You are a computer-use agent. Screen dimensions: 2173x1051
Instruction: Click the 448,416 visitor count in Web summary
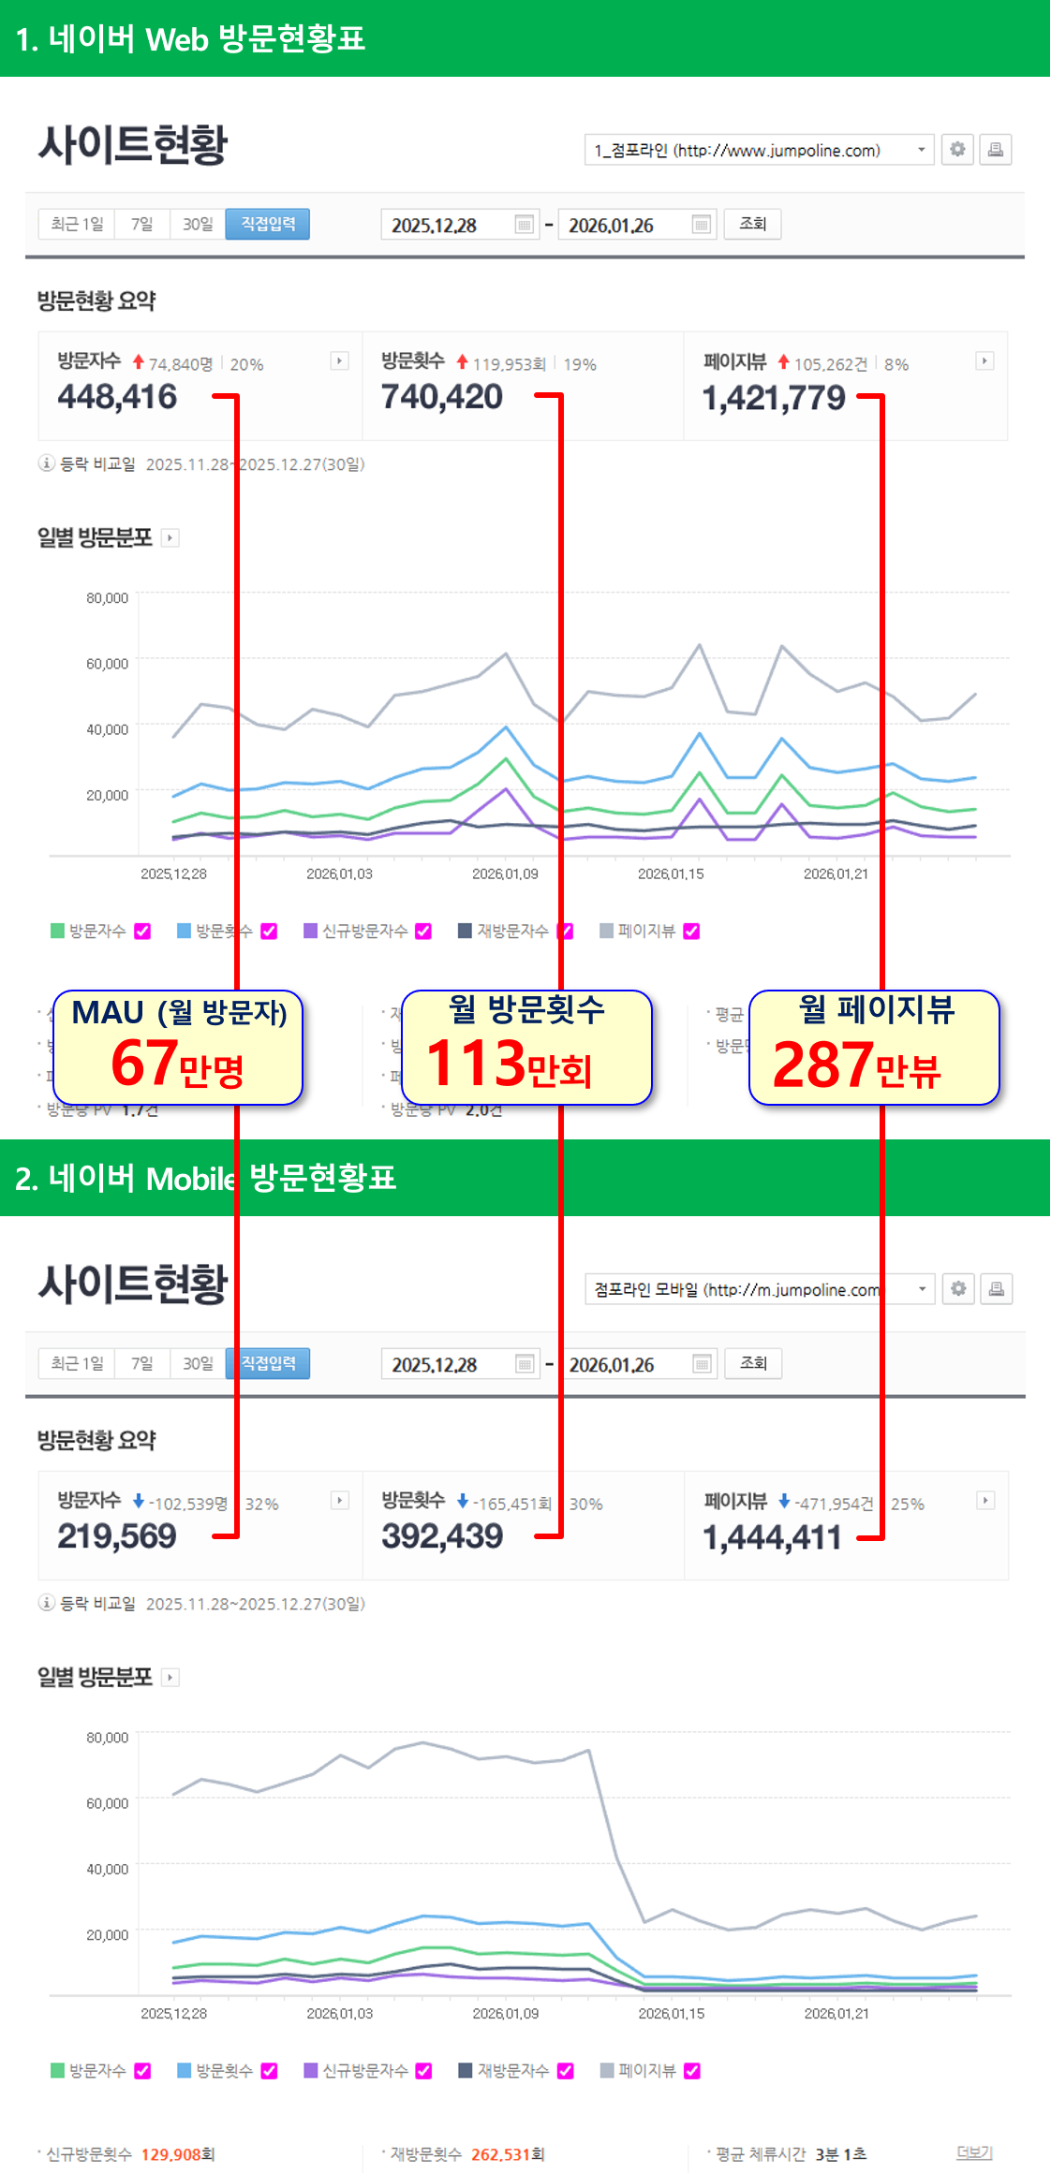point(117,397)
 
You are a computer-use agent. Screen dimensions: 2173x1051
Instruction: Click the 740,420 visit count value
point(441,397)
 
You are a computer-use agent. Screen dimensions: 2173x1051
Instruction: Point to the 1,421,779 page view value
point(774,399)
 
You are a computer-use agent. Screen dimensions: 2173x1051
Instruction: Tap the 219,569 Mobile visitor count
point(117,1536)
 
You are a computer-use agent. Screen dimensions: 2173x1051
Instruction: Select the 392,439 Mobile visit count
point(441,1536)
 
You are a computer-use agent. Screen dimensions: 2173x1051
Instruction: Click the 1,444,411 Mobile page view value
point(772,1538)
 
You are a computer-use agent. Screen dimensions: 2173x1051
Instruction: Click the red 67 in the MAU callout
point(144,1064)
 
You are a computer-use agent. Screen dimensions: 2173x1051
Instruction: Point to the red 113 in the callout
point(474,1064)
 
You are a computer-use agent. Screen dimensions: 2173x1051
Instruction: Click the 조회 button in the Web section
point(752,224)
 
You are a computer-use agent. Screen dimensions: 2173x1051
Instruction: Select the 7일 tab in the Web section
point(141,224)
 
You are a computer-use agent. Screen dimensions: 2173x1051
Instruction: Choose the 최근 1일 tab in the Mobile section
point(77,1363)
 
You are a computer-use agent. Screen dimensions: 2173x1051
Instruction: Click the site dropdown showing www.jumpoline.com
point(759,150)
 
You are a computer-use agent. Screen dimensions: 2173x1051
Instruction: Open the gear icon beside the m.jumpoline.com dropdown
point(958,1289)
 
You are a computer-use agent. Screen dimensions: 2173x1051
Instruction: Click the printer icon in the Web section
point(996,150)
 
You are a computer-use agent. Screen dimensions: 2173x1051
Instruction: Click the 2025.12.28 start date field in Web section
point(448,225)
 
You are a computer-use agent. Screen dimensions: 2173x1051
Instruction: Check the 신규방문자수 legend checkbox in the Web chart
point(423,931)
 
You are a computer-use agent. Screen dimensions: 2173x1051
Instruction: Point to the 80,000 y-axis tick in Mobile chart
point(107,1738)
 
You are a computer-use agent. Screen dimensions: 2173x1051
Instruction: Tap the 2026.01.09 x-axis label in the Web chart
point(505,874)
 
